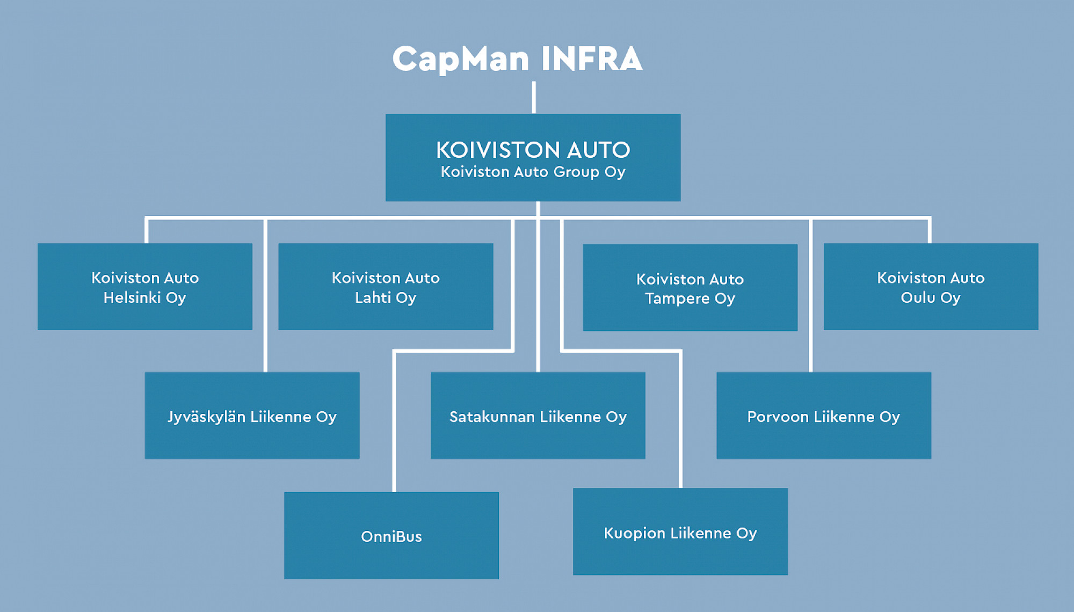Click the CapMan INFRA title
tap(517, 59)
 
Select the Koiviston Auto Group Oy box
tap(533, 158)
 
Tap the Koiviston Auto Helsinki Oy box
tap(145, 287)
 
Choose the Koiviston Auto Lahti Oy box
tap(386, 287)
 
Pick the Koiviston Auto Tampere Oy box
tap(690, 288)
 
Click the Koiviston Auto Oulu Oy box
tap(931, 287)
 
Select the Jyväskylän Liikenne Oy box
tap(252, 416)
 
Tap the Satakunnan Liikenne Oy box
tap(538, 416)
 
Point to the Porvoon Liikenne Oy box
tap(823, 416)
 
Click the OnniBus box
tap(391, 536)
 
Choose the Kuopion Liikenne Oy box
tap(680, 531)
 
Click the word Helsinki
tap(132, 297)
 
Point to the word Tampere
tap(677, 298)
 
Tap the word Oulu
tap(918, 297)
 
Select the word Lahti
tap(373, 297)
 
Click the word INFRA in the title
tap(591, 59)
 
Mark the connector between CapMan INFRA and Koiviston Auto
tap(534, 97)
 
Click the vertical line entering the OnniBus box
tap(394, 429)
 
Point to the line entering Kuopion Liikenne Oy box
tap(681, 429)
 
